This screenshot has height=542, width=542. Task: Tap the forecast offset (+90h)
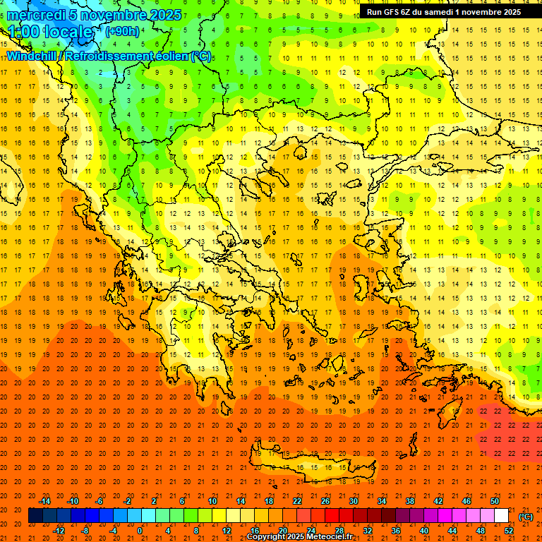[122, 32]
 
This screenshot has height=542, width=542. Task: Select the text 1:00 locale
[50, 32]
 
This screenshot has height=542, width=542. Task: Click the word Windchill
[31, 56]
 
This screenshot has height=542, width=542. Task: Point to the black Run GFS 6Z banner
[443, 12]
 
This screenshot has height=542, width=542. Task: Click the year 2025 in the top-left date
[164, 15]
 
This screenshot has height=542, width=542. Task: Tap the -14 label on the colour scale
[45, 500]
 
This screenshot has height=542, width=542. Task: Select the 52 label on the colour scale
[508, 530]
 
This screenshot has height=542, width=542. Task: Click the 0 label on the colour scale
[140, 530]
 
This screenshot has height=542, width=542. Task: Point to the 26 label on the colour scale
[325, 500]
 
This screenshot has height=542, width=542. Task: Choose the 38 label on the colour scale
[409, 500]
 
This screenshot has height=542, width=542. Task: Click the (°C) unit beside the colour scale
[526, 516]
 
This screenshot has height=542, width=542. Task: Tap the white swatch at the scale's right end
[501, 516]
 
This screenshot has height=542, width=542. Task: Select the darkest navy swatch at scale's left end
[35, 516]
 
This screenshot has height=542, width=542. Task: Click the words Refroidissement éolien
[138, 56]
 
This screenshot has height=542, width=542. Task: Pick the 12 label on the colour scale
[227, 530]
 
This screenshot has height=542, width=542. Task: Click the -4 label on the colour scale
[113, 530]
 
